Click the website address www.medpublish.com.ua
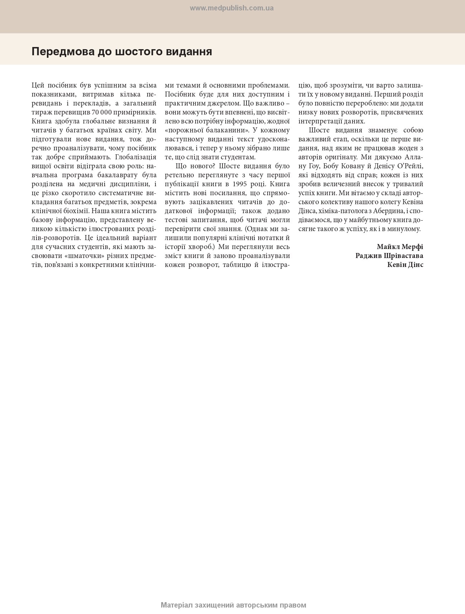point(231,8)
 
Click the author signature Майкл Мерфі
point(400,247)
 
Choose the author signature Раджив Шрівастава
point(389,256)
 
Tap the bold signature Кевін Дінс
point(405,265)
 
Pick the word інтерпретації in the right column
point(320,121)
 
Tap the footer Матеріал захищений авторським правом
point(233,605)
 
